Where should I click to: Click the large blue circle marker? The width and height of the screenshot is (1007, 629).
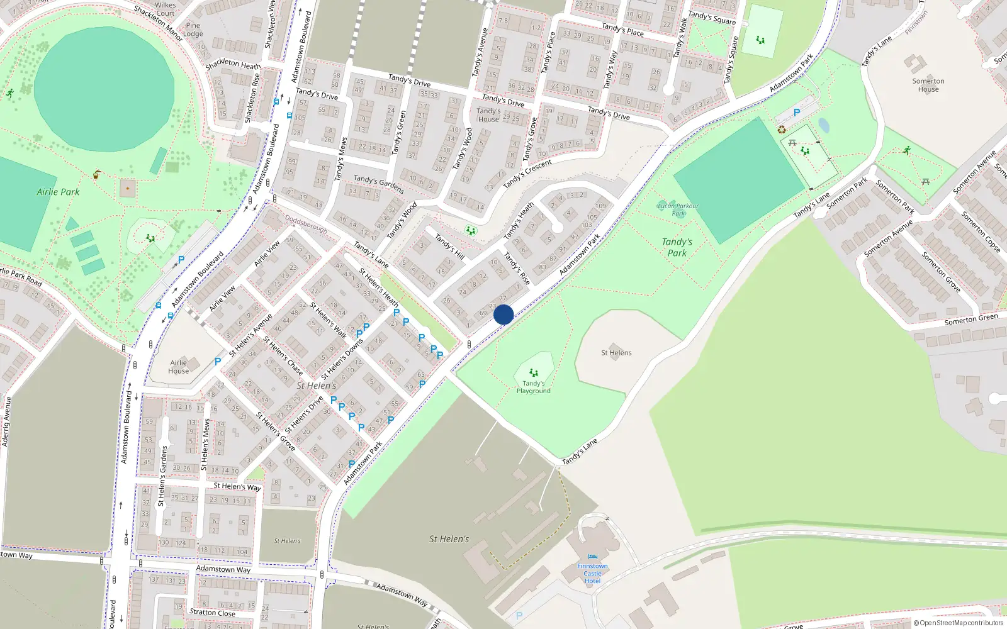(x=503, y=314)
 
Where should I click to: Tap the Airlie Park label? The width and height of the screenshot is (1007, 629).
(x=58, y=192)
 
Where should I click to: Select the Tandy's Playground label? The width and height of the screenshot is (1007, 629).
(x=534, y=387)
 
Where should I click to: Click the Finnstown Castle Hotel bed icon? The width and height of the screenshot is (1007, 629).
(x=592, y=557)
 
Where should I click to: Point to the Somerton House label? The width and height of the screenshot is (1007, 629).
(x=928, y=85)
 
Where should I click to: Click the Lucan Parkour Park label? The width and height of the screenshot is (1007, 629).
(x=678, y=209)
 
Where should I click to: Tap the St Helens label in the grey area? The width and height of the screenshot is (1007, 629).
(x=616, y=353)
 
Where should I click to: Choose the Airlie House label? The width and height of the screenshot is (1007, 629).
(x=179, y=367)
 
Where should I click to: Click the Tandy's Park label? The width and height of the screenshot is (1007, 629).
(x=677, y=247)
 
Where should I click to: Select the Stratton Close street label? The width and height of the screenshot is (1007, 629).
(x=213, y=612)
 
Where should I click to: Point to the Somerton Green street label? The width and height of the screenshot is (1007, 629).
(x=971, y=320)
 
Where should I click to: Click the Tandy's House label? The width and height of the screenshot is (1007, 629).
(x=488, y=115)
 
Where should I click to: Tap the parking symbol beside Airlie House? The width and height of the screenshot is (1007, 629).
(x=218, y=362)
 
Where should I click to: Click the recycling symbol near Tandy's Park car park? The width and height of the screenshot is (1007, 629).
(x=782, y=130)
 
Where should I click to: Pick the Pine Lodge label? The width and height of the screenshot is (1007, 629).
(x=193, y=30)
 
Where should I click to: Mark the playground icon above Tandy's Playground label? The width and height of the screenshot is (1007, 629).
(x=534, y=372)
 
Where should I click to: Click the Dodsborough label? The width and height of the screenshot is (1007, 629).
(x=306, y=223)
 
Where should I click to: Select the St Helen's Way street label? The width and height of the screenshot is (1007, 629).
(x=237, y=487)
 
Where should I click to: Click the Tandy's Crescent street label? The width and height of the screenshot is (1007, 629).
(x=527, y=174)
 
